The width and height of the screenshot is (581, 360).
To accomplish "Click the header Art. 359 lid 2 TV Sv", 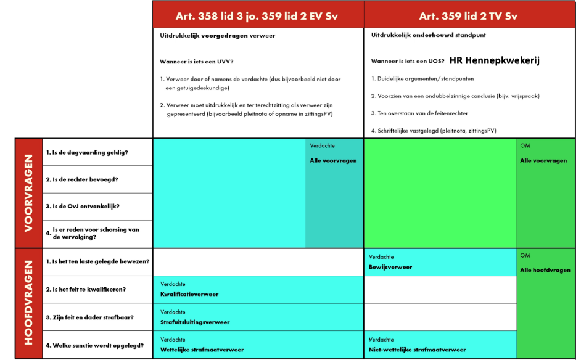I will pyautogui.click(x=468, y=16).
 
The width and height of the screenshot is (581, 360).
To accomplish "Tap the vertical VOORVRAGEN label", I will pyautogui.click(x=28, y=193).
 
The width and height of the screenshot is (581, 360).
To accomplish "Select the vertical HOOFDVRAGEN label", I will pyautogui.click(x=28, y=304).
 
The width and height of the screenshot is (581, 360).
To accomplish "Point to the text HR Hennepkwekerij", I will pyautogui.click(x=495, y=60).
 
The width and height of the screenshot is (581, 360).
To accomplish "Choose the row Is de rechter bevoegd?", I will pyautogui.click(x=82, y=179).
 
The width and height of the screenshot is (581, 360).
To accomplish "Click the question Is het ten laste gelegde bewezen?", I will pyautogui.click(x=97, y=261).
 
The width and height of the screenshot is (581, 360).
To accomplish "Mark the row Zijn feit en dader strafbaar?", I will pyautogui.click(x=89, y=317).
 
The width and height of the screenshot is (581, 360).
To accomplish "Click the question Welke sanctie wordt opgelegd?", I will pyautogui.click(x=94, y=345).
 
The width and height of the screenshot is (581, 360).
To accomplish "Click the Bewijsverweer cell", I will pyautogui.click(x=390, y=267).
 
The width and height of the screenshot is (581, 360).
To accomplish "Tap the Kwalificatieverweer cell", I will pyautogui.click(x=189, y=294).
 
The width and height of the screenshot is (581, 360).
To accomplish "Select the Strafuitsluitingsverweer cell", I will pyautogui.click(x=195, y=322).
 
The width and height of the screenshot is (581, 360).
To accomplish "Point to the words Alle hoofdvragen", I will pyautogui.click(x=545, y=270).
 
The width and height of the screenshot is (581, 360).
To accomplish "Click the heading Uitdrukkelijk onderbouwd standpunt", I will pyautogui.click(x=428, y=35).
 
